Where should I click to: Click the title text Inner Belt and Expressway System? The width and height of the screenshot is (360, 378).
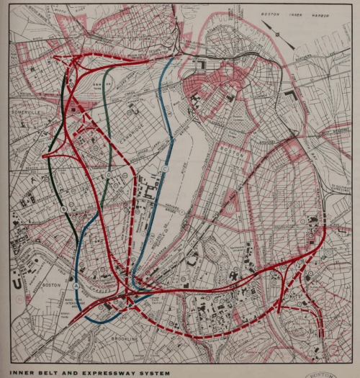90,373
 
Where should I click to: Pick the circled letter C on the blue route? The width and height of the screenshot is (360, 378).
165,168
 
